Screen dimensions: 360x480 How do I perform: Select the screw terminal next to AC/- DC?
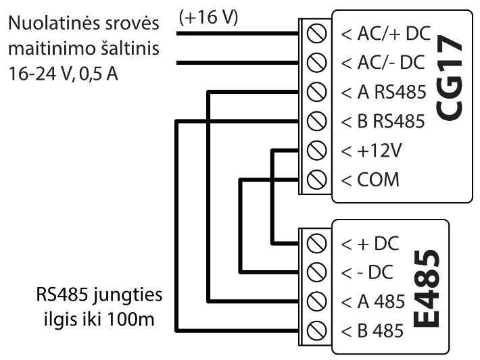(x=313, y=63)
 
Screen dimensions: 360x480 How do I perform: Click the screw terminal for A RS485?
(x=313, y=92)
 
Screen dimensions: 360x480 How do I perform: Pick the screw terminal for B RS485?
(x=313, y=121)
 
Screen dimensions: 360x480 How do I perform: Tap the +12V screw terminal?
(x=313, y=150)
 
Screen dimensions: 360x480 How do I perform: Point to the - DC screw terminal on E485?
(x=313, y=272)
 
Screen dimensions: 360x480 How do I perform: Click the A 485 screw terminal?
(x=313, y=301)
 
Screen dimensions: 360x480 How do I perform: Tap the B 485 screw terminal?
(x=313, y=330)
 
